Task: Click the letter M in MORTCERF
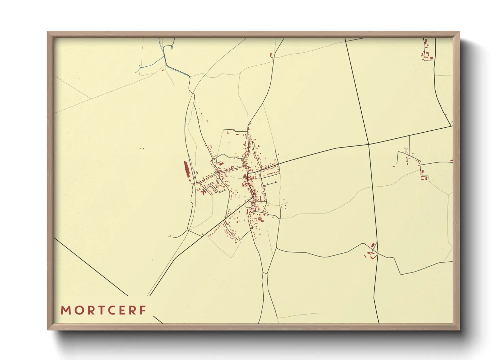click(65, 310)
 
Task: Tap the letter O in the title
click(78, 310)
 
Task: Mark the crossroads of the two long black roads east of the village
click(368, 144)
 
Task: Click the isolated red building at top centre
click(271, 55)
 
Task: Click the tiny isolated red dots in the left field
click(142, 149)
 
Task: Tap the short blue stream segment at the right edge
click(452, 122)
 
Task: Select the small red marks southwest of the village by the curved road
click(170, 236)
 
